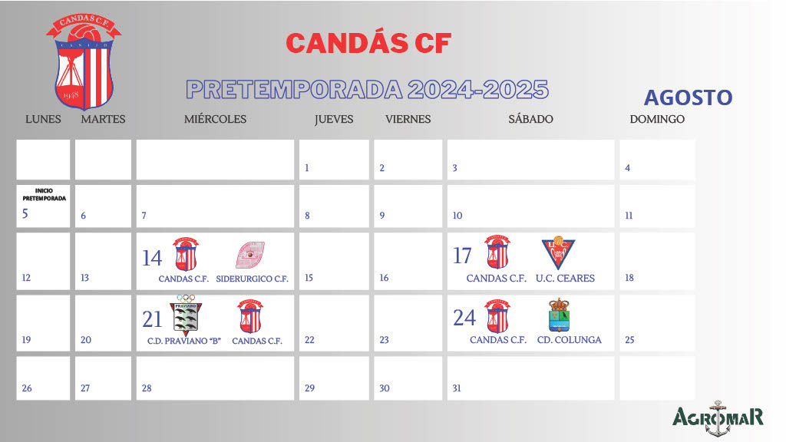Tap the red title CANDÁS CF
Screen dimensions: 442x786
(x=368, y=43)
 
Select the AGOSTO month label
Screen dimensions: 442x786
(x=688, y=97)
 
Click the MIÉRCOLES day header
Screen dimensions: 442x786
(x=215, y=119)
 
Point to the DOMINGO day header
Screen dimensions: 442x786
(x=657, y=119)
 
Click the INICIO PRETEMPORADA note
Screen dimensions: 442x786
(x=44, y=193)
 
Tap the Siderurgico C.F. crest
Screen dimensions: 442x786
(x=250, y=255)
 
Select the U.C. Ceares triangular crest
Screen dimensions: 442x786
(x=558, y=253)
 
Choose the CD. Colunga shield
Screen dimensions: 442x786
(x=559, y=315)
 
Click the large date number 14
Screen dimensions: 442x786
(x=152, y=258)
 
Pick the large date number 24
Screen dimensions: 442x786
(x=464, y=317)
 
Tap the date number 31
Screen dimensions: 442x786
(x=457, y=388)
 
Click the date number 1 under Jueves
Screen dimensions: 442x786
(x=307, y=168)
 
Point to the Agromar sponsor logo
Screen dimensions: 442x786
(x=718, y=417)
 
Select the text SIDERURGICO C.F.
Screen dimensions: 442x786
(x=253, y=279)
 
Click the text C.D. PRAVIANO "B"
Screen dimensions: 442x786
(x=184, y=340)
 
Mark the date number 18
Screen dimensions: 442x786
(x=629, y=278)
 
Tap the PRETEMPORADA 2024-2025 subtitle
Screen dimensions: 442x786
(x=368, y=89)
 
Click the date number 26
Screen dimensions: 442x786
(x=27, y=388)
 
